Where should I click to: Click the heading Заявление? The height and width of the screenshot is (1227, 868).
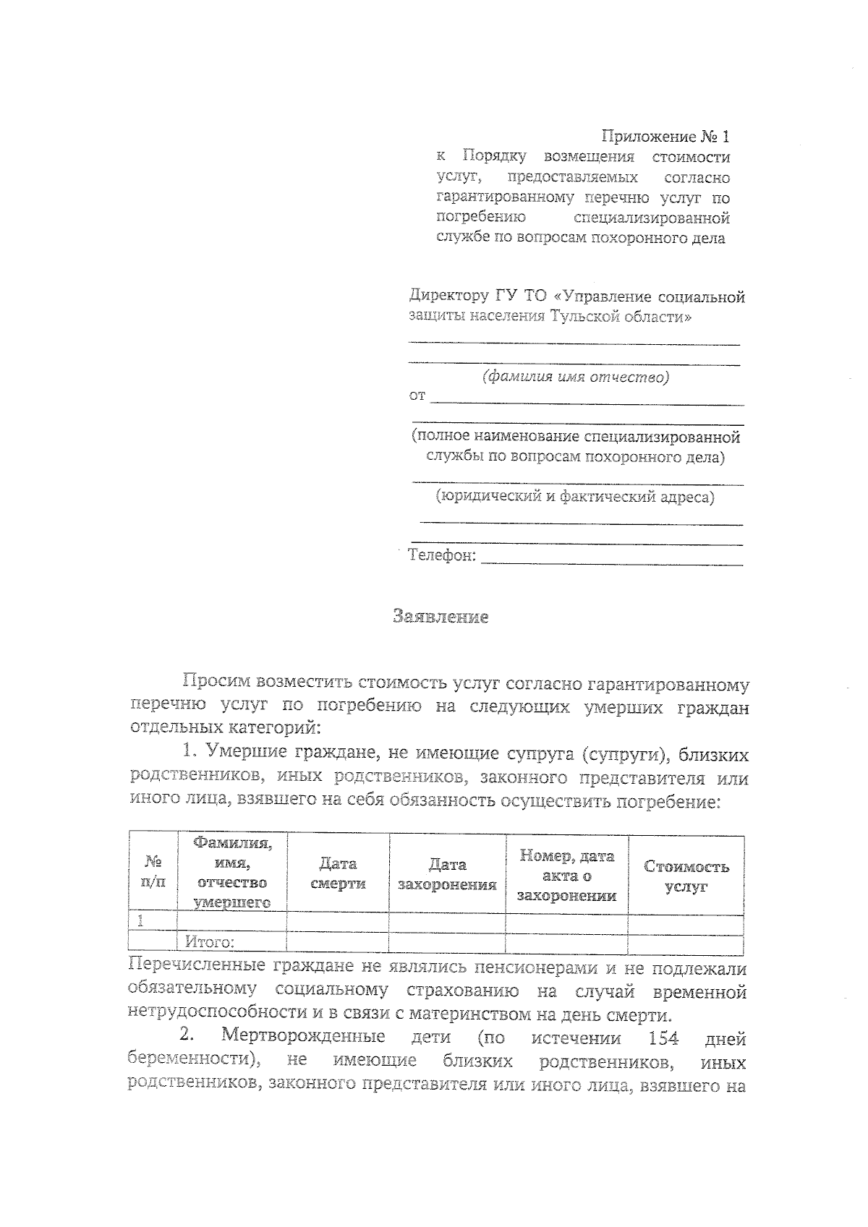441,617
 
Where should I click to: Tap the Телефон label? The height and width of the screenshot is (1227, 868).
441,555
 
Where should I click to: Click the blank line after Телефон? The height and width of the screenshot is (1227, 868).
611,557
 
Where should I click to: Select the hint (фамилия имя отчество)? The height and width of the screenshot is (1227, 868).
576,377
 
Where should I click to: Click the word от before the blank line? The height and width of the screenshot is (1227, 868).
417,396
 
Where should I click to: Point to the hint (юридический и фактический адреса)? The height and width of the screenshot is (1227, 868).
574,497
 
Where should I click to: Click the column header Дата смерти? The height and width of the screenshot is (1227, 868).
338,873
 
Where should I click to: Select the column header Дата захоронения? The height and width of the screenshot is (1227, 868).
446,874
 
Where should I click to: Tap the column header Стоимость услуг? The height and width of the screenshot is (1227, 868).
686,876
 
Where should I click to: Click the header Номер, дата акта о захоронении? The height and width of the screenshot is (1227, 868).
566,876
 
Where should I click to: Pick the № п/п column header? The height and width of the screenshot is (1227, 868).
153,872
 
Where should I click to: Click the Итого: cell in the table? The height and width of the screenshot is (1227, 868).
210,942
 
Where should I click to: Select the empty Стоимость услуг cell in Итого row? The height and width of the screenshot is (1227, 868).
686,943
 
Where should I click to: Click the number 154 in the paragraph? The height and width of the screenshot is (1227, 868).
663,1039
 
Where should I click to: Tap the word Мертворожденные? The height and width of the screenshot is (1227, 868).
302,1036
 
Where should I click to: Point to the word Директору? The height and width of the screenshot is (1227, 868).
449,296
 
